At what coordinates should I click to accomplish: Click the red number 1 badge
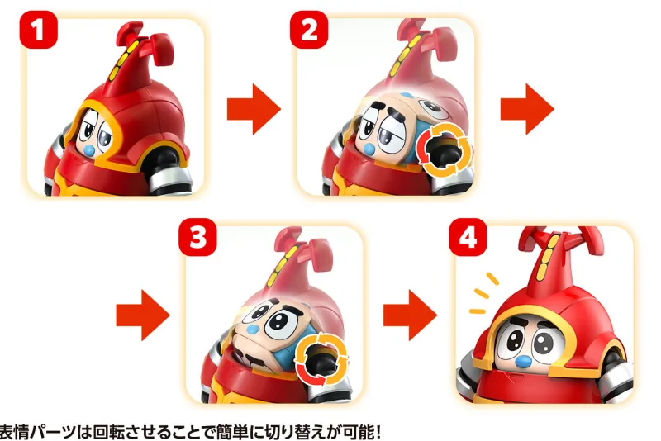click(x=38, y=30)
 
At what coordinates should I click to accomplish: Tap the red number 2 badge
click(x=309, y=30)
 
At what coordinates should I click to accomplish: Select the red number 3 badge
click(x=197, y=237)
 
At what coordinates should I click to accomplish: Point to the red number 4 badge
click(x=468, y=237)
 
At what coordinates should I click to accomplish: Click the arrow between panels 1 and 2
click(x=254, y=109)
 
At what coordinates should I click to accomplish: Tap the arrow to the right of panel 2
click(x=527, y=109)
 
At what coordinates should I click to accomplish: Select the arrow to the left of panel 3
click(x=143, y=315)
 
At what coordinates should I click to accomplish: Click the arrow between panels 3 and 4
click(x=410, y=315)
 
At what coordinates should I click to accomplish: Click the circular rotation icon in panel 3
click(x=321, y=359)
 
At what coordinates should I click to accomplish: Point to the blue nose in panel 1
click(x=90, y=149)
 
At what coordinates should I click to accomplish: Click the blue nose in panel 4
click(x=524, y=362)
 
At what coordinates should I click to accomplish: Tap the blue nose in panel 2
click(x=369, y=149)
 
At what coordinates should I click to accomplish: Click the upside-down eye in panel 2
click(x=430, y=108)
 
